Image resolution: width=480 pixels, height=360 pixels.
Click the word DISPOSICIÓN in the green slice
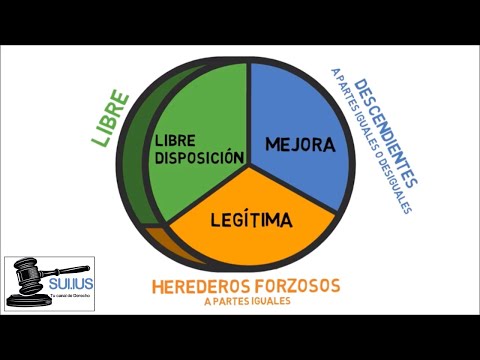(199, 157)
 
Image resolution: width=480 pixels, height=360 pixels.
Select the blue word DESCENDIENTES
(384, 134)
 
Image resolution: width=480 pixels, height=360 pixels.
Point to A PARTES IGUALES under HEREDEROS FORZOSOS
(244, 301)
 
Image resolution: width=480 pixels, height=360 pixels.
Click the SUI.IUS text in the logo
(72, 284)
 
